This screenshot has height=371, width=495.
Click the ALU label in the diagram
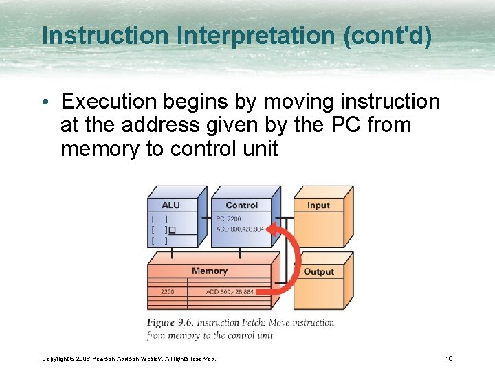(x=170, y=205)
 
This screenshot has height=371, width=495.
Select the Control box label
(x=241, y=205)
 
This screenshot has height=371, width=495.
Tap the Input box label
(x=318, y=205)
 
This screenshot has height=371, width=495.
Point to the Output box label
(x=318, y=271)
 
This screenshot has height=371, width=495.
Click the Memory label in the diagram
(x=210, y=271)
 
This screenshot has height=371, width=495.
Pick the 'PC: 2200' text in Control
(x=230, y=218)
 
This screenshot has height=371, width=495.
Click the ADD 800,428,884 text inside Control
(x=240, y=229)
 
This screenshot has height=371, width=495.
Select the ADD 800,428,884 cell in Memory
(x=230, y=292)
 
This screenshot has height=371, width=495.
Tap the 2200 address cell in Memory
(x=167, y=292)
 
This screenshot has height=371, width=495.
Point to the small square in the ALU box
(x=172, y=229)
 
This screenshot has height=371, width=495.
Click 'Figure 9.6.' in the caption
(x=173, y=322)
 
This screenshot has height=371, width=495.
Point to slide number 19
(x=448, y=358)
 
